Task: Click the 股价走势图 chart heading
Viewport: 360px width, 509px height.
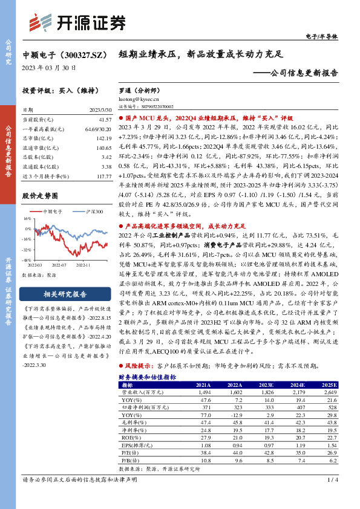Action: click(x=40, y=196)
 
